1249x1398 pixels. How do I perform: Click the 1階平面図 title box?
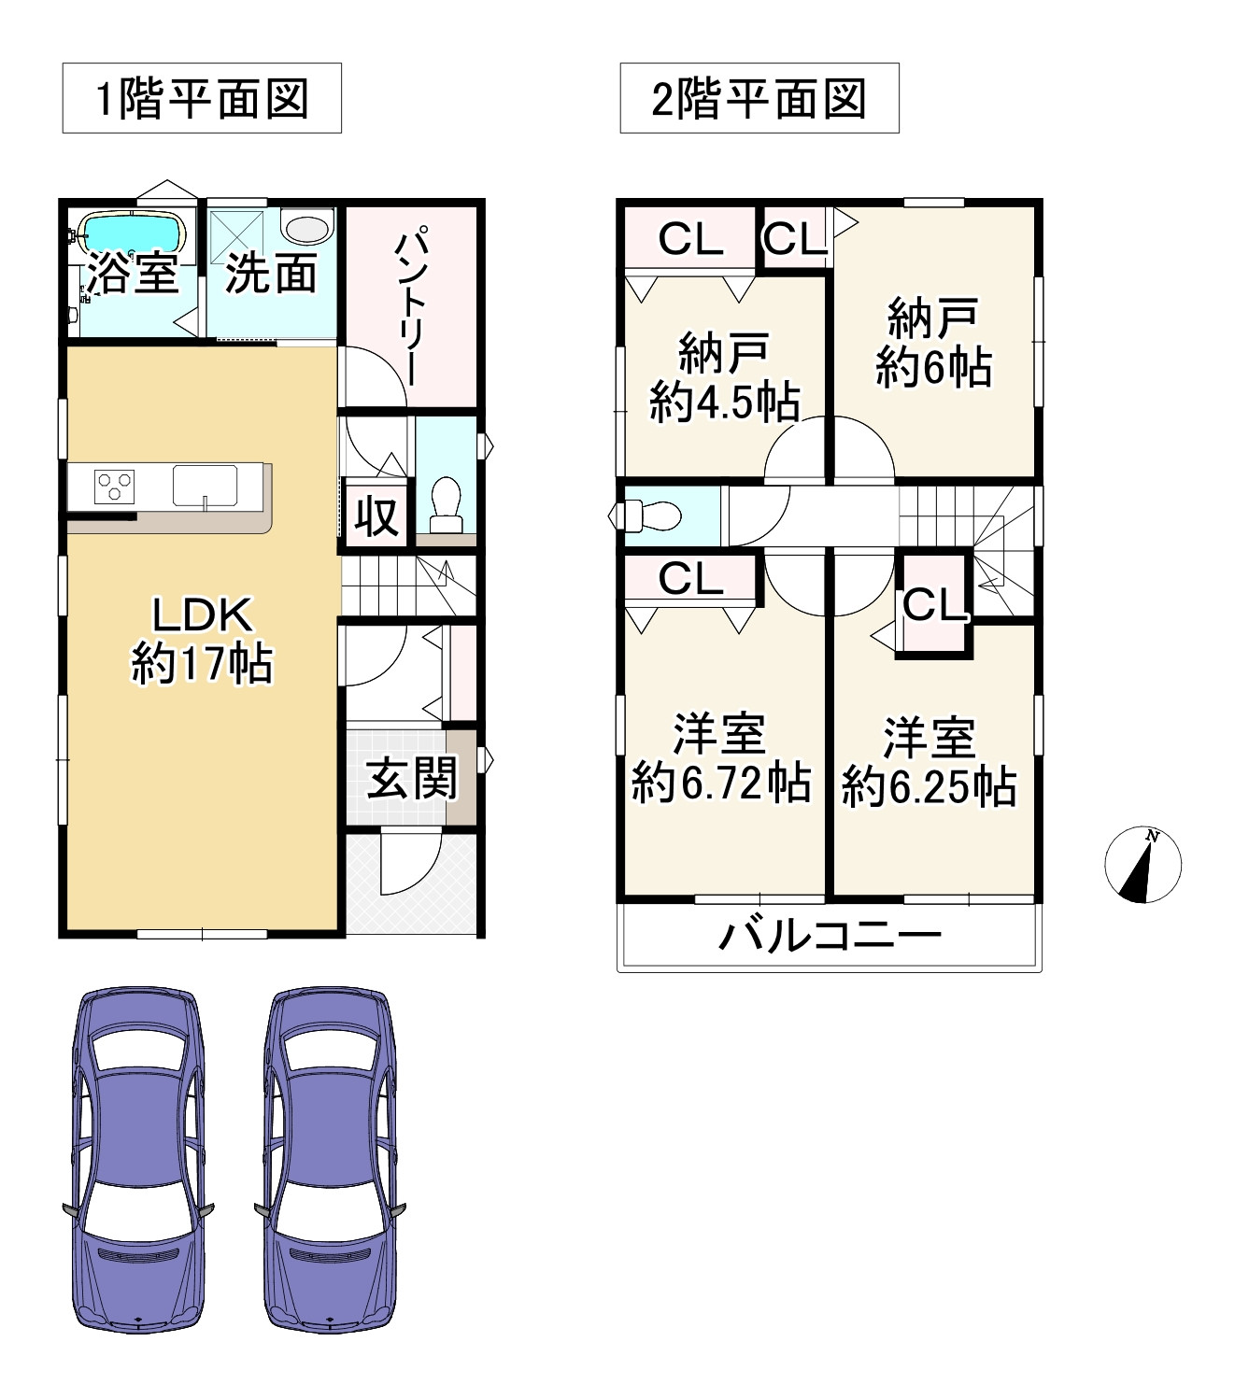pos(202,98)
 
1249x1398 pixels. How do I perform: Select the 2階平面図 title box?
pos(759,98)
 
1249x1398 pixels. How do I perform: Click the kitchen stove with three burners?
pos(114,487)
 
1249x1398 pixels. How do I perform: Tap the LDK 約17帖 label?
pos(202,640)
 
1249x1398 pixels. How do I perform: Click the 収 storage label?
pos(376,515)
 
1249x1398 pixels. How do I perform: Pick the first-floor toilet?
pos(446,504)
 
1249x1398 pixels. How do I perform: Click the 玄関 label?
pos(412,778)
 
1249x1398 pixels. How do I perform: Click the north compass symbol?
pos(1143,865)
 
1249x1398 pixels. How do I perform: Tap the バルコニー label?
pos(830,935)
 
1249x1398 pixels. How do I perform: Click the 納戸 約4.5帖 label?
pos(724,377)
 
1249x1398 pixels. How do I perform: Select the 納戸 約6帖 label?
pos(933,343)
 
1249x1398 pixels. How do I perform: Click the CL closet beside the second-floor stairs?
pos(934,605)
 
